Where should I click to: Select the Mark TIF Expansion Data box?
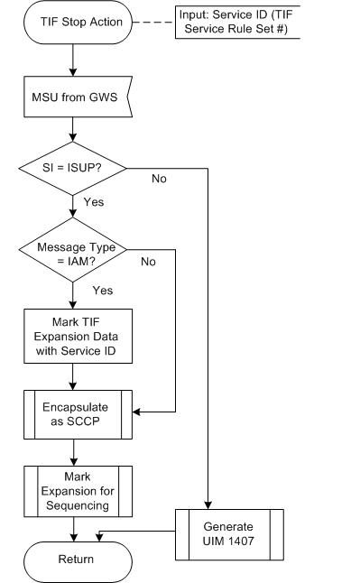76,336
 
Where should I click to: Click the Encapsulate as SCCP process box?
76,413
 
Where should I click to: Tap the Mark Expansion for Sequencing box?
76,490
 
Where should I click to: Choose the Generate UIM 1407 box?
229,533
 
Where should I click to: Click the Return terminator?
76,559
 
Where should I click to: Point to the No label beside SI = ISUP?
159,179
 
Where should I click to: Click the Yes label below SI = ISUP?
94,202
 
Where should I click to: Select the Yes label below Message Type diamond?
103,291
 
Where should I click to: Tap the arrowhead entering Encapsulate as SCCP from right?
137,413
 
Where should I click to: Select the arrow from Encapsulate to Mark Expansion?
76,451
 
